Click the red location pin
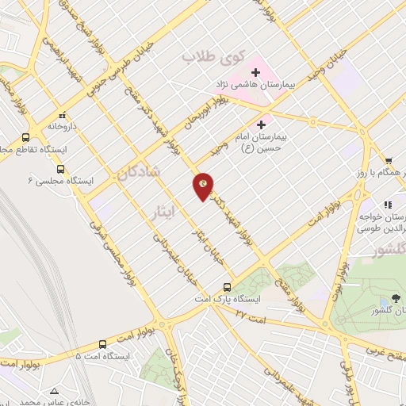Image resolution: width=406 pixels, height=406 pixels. [x=204, y=186]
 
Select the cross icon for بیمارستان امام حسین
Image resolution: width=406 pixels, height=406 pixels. [x=261, y=124]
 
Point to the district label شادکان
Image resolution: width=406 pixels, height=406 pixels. [x=144, y=172]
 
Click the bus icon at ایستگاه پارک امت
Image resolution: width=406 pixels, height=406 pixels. [x=227, y=286]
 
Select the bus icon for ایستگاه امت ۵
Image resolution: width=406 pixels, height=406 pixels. [x=103, y=344]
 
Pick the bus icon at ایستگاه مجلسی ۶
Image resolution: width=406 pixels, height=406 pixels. [x=61, y=168]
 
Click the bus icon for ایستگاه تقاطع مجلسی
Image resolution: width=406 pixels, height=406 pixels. [x=26, y=136]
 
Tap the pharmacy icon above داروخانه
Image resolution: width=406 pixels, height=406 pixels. [x=63, y=113]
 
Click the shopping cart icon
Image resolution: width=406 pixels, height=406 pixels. [x=389, y=160]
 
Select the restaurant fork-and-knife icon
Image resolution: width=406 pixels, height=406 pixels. [x=389, y=205]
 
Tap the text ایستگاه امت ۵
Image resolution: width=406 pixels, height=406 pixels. [x=101, y=356]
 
